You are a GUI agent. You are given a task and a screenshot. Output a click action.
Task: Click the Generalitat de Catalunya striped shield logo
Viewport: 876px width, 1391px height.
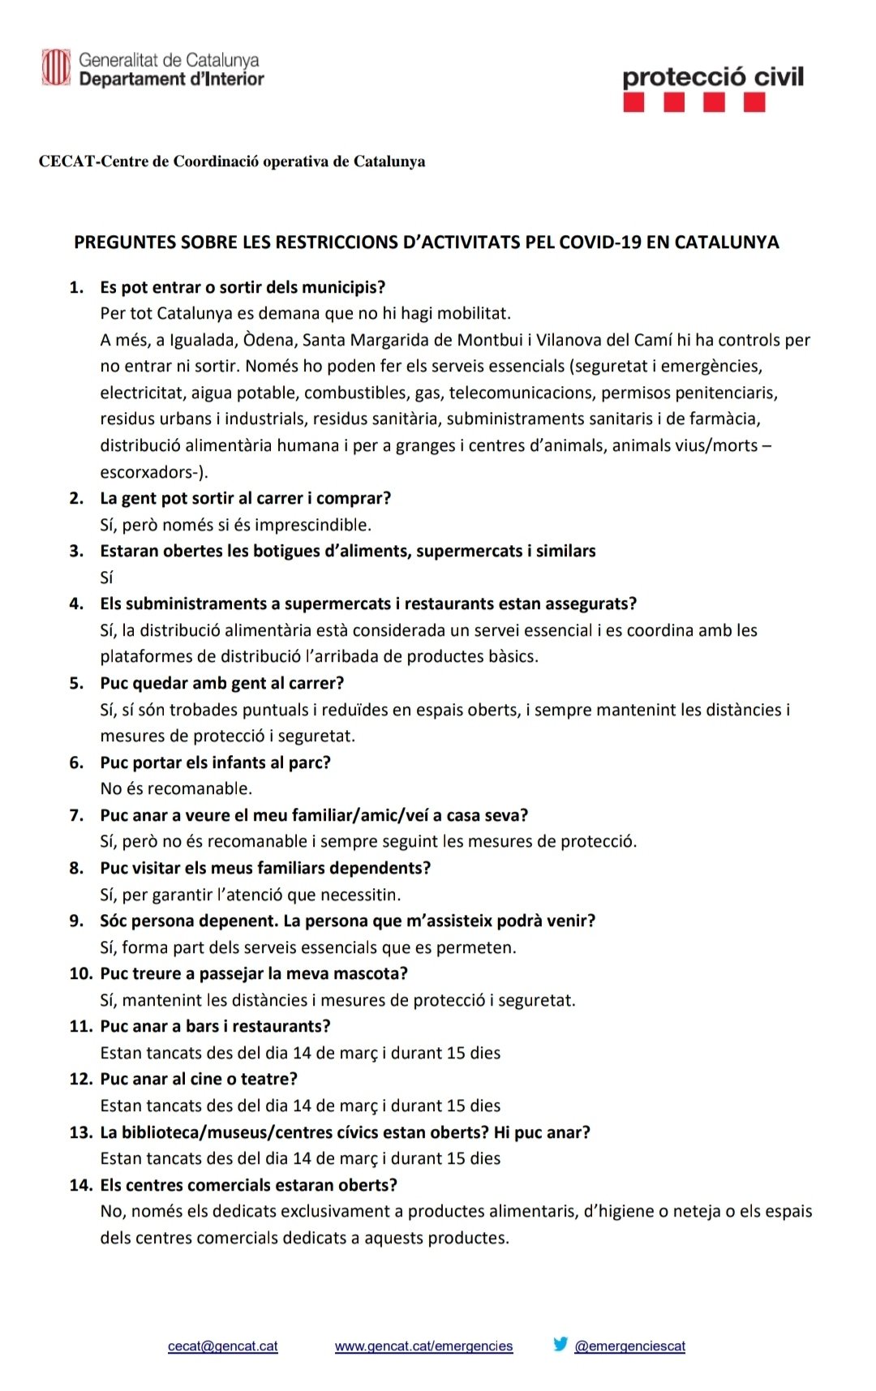point(56,67)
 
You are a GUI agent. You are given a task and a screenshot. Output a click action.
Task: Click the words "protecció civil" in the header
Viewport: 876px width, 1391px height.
point(713,77)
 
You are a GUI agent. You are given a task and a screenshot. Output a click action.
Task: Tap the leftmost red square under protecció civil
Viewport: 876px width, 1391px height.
point(634,102)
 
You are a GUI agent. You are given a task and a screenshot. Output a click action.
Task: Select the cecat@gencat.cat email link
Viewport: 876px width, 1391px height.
point(222,1346)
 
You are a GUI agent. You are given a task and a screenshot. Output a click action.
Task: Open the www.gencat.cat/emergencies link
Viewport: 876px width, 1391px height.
point(423,1346)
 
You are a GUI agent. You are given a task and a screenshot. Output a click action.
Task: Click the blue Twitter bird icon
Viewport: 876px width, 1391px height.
point(560,1344)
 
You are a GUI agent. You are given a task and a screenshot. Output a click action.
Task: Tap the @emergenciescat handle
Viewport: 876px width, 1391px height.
point(629,1346)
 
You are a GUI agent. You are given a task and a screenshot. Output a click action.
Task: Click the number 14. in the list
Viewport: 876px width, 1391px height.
point(81,1185)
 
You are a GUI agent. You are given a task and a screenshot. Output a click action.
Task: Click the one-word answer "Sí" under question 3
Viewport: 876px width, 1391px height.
point(106,577)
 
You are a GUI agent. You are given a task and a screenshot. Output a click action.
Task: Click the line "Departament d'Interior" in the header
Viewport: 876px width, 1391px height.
point(171,79)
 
